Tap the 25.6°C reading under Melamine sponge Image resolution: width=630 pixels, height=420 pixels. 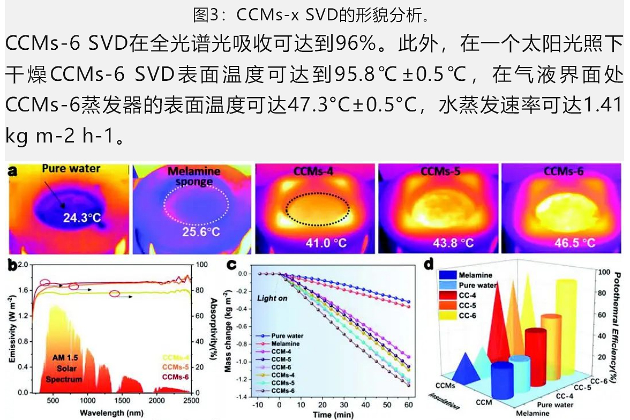tap(199, 232)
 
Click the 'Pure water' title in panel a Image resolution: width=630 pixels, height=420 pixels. tap(71, 169)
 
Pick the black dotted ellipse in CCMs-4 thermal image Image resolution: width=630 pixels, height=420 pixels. tap(317, 209)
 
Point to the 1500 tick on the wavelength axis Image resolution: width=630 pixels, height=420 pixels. tap(122, 401)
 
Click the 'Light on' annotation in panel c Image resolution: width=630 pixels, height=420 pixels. tap(272, 298)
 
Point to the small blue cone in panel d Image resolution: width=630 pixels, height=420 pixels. tap(460, 369)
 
